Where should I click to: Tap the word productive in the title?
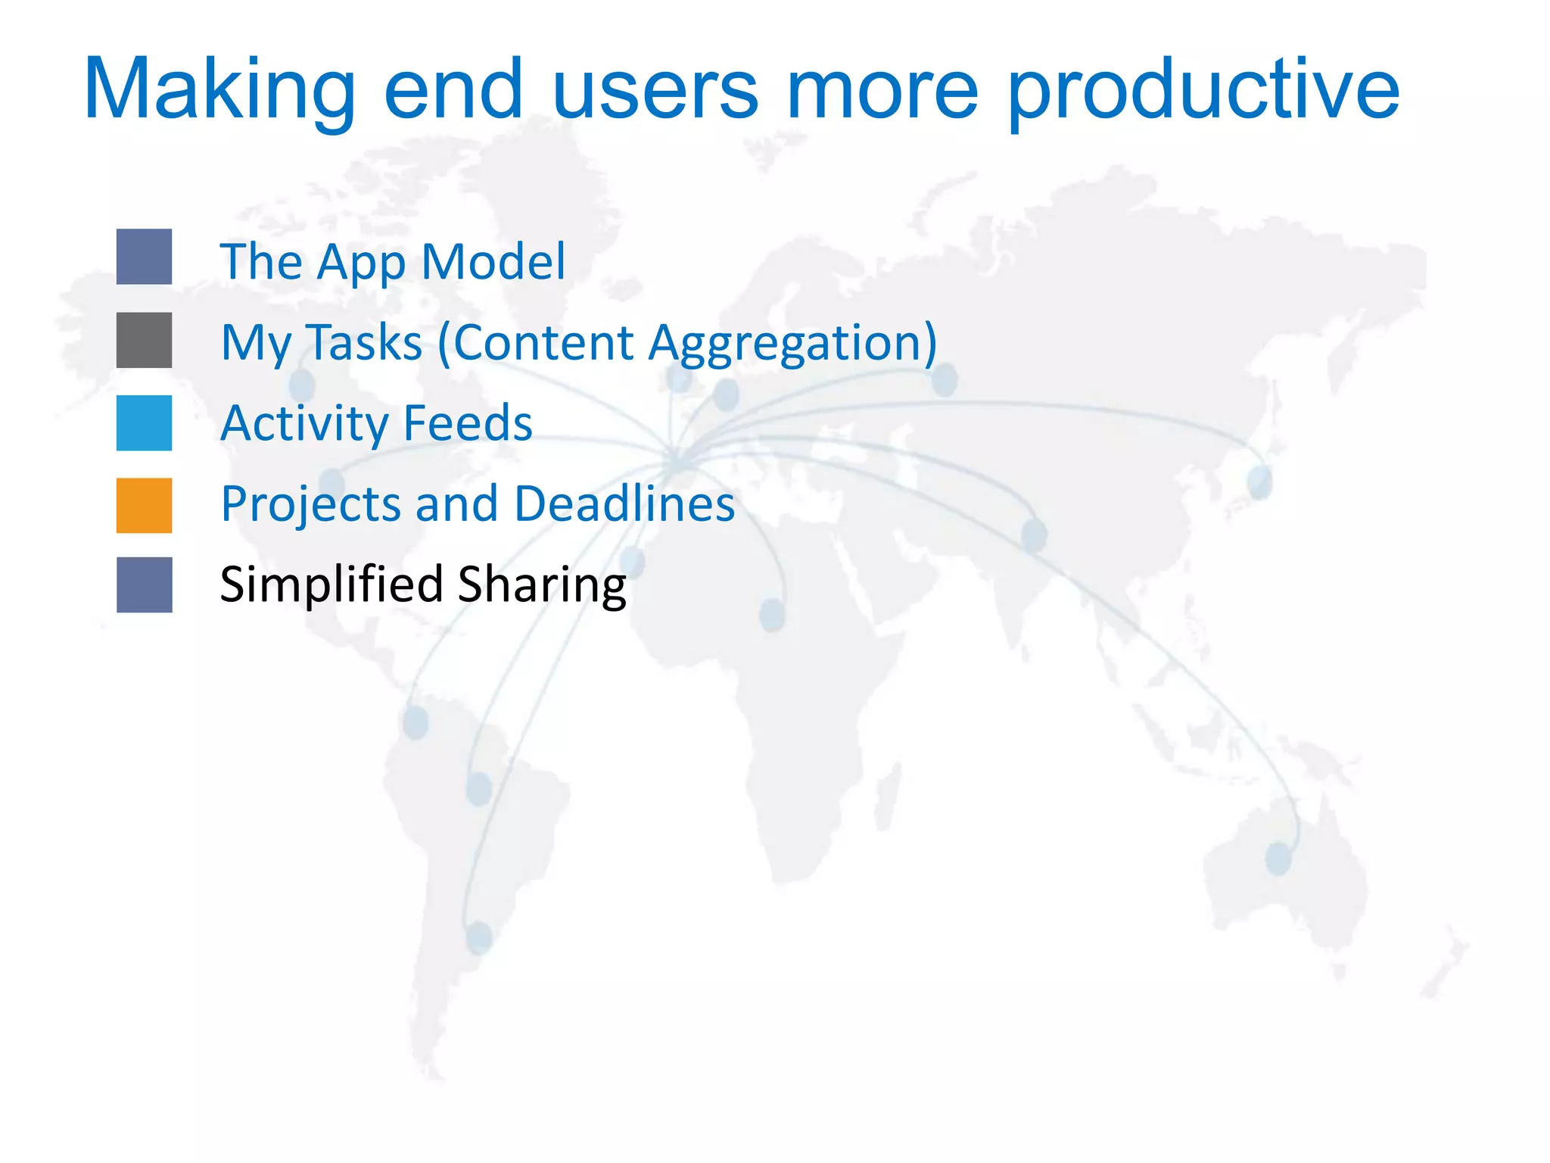tap(1203, 95)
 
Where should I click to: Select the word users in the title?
tap(655, 91)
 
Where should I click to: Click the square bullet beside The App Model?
tap(144, 257)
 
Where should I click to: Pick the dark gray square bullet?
tap(144, 340)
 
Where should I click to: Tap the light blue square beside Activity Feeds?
tap(144, 422)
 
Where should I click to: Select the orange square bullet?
tap(144, 505)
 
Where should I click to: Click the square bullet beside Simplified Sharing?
tap(144, 585)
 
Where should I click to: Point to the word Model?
tap(493, 261)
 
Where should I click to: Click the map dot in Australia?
tap(1278, 859)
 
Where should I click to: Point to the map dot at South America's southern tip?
tap(478, 937)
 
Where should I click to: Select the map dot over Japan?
tap(1260, 482)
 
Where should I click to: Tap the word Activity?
tap(303, 424)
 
